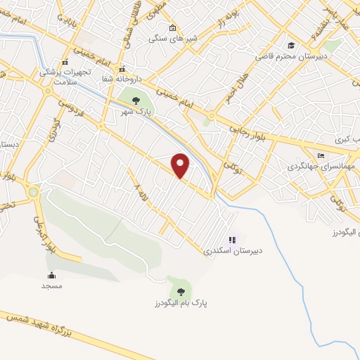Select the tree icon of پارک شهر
[136, 101]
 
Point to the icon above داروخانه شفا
[122, 69]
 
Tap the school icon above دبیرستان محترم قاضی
[292, 45]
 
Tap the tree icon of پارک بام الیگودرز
[181, 290]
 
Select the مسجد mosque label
[52, 286]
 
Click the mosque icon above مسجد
[52, 275]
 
